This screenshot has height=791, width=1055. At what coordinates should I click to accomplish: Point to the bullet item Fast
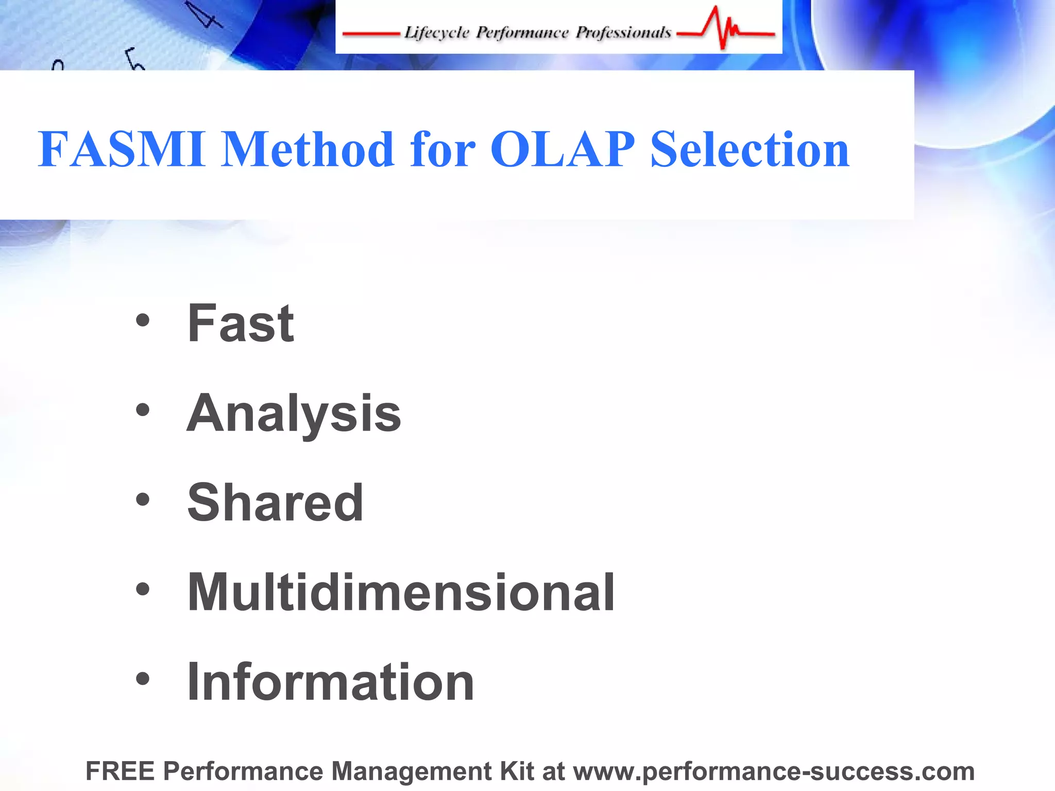click(x=240, y=323)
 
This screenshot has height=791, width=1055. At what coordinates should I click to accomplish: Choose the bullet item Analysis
click(x=294, y=414)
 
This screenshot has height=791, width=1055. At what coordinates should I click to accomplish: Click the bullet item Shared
click(x=275, y=503)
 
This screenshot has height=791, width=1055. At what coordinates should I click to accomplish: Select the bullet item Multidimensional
click(x=401, y=593)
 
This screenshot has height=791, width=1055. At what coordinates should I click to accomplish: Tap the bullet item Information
click(x=330, y=682)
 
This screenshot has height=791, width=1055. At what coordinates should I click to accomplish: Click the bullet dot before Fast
click(x=143, y=321)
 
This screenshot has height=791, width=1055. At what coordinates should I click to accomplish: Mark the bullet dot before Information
click(x=143, y=679)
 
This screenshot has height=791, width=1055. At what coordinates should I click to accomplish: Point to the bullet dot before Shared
click(x=143, y=500)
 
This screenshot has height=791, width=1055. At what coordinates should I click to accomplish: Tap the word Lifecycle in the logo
click(x=436, y=33)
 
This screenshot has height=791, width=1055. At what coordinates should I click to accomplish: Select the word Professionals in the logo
click(x=623, y=33)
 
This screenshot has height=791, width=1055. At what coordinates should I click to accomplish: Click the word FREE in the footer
click(x=120, y=771)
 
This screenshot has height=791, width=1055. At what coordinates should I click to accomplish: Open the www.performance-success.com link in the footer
click(x=774, y=771)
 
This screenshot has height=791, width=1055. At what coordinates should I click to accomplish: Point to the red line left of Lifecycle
click(x=371, y=35)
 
